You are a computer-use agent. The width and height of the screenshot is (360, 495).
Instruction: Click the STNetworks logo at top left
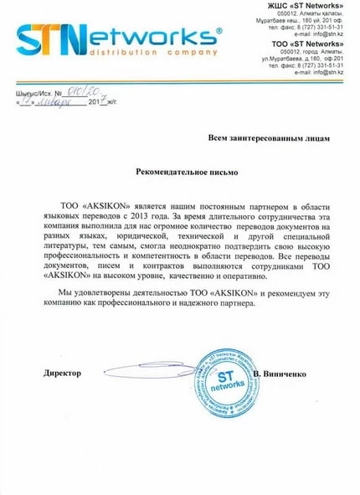(x=117, y=38)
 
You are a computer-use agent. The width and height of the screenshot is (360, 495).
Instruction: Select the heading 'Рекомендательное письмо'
(x=188, y=170)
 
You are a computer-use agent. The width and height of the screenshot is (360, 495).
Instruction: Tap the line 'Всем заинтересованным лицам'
(x=272, y=136)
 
